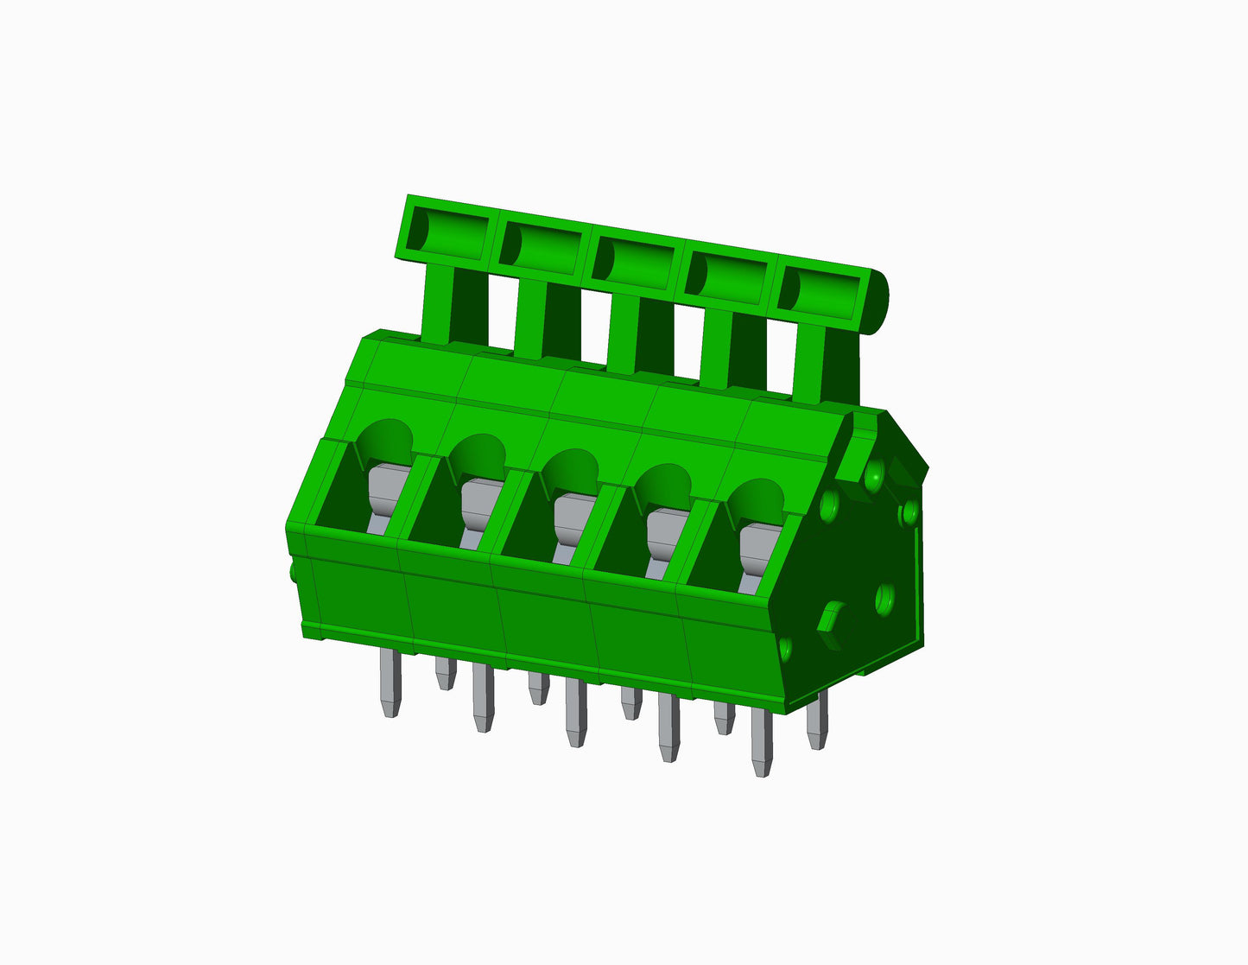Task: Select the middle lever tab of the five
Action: [x=635, y=260]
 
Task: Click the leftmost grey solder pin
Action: [x=390, y=682]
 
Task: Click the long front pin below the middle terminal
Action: [x=575, y=713]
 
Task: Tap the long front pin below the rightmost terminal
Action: [x=762, y=742]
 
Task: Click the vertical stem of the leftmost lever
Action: [x=439, y=302]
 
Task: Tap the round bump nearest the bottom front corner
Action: [x=785, y=648]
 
